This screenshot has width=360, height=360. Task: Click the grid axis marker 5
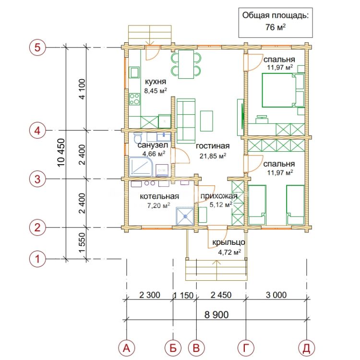pos(37,48)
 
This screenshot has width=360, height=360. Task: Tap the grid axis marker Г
pos(246,348)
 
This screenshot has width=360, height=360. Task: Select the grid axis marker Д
pos(307,348)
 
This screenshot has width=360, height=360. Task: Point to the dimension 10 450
pos(61,153)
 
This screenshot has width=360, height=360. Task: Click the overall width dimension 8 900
pos(216,315)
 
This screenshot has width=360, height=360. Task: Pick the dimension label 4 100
pos(82,89)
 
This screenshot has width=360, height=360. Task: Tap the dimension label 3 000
pos(276,295)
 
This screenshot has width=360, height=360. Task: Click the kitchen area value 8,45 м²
pos(156,91)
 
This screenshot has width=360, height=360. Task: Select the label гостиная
pos(213,146)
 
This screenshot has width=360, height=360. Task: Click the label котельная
pos(159,196)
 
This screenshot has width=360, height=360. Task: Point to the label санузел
pos(153,145)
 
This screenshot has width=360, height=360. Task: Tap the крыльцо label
pos(228,242)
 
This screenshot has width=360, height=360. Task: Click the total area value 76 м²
pos(276,27)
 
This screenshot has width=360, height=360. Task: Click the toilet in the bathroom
pos(138,138)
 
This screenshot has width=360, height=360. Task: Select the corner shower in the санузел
pos(141,167)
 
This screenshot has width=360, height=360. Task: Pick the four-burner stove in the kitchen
pos(134,99)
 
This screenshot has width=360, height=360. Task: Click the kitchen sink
pos(134,72)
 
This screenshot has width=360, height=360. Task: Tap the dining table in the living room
pos(186,64)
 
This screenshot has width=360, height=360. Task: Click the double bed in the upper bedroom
pos(283,90)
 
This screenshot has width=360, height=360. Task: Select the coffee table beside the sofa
pos(206,121)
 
